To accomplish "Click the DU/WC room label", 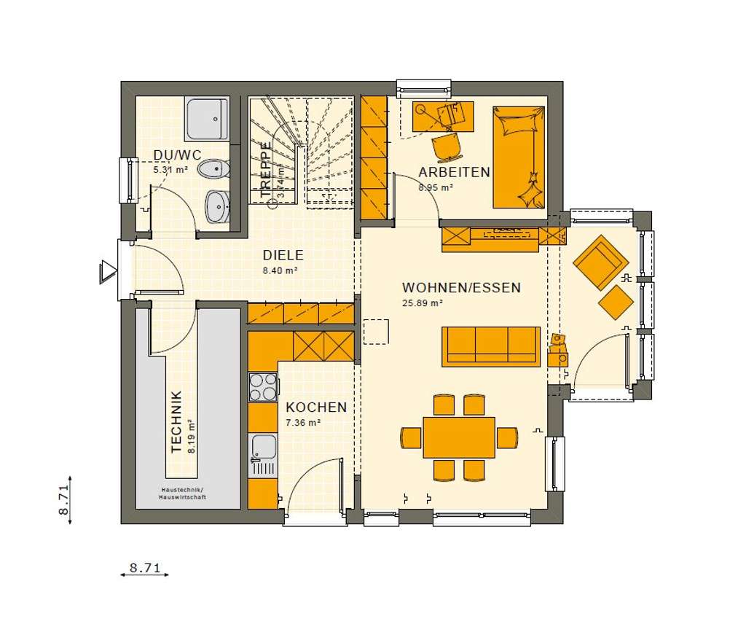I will tap(176, 155).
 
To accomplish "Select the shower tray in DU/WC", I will tap(208, 119).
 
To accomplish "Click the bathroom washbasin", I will tap(216, 207).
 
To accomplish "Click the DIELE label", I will tap(283, 256).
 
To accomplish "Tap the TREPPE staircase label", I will tap(266, 170).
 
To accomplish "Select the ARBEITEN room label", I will tap(453, 172).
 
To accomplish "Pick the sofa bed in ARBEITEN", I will tap(518, 157).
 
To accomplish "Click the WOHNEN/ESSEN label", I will tap(461, 288).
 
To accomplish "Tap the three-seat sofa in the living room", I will tap(490, 346).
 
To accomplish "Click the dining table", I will tap(459, 437).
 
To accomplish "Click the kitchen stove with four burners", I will tap(263, 386).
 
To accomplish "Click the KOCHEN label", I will tap(315, 407).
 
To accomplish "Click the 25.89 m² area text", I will tap(423, 303).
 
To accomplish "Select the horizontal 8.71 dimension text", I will tap(144, 566).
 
